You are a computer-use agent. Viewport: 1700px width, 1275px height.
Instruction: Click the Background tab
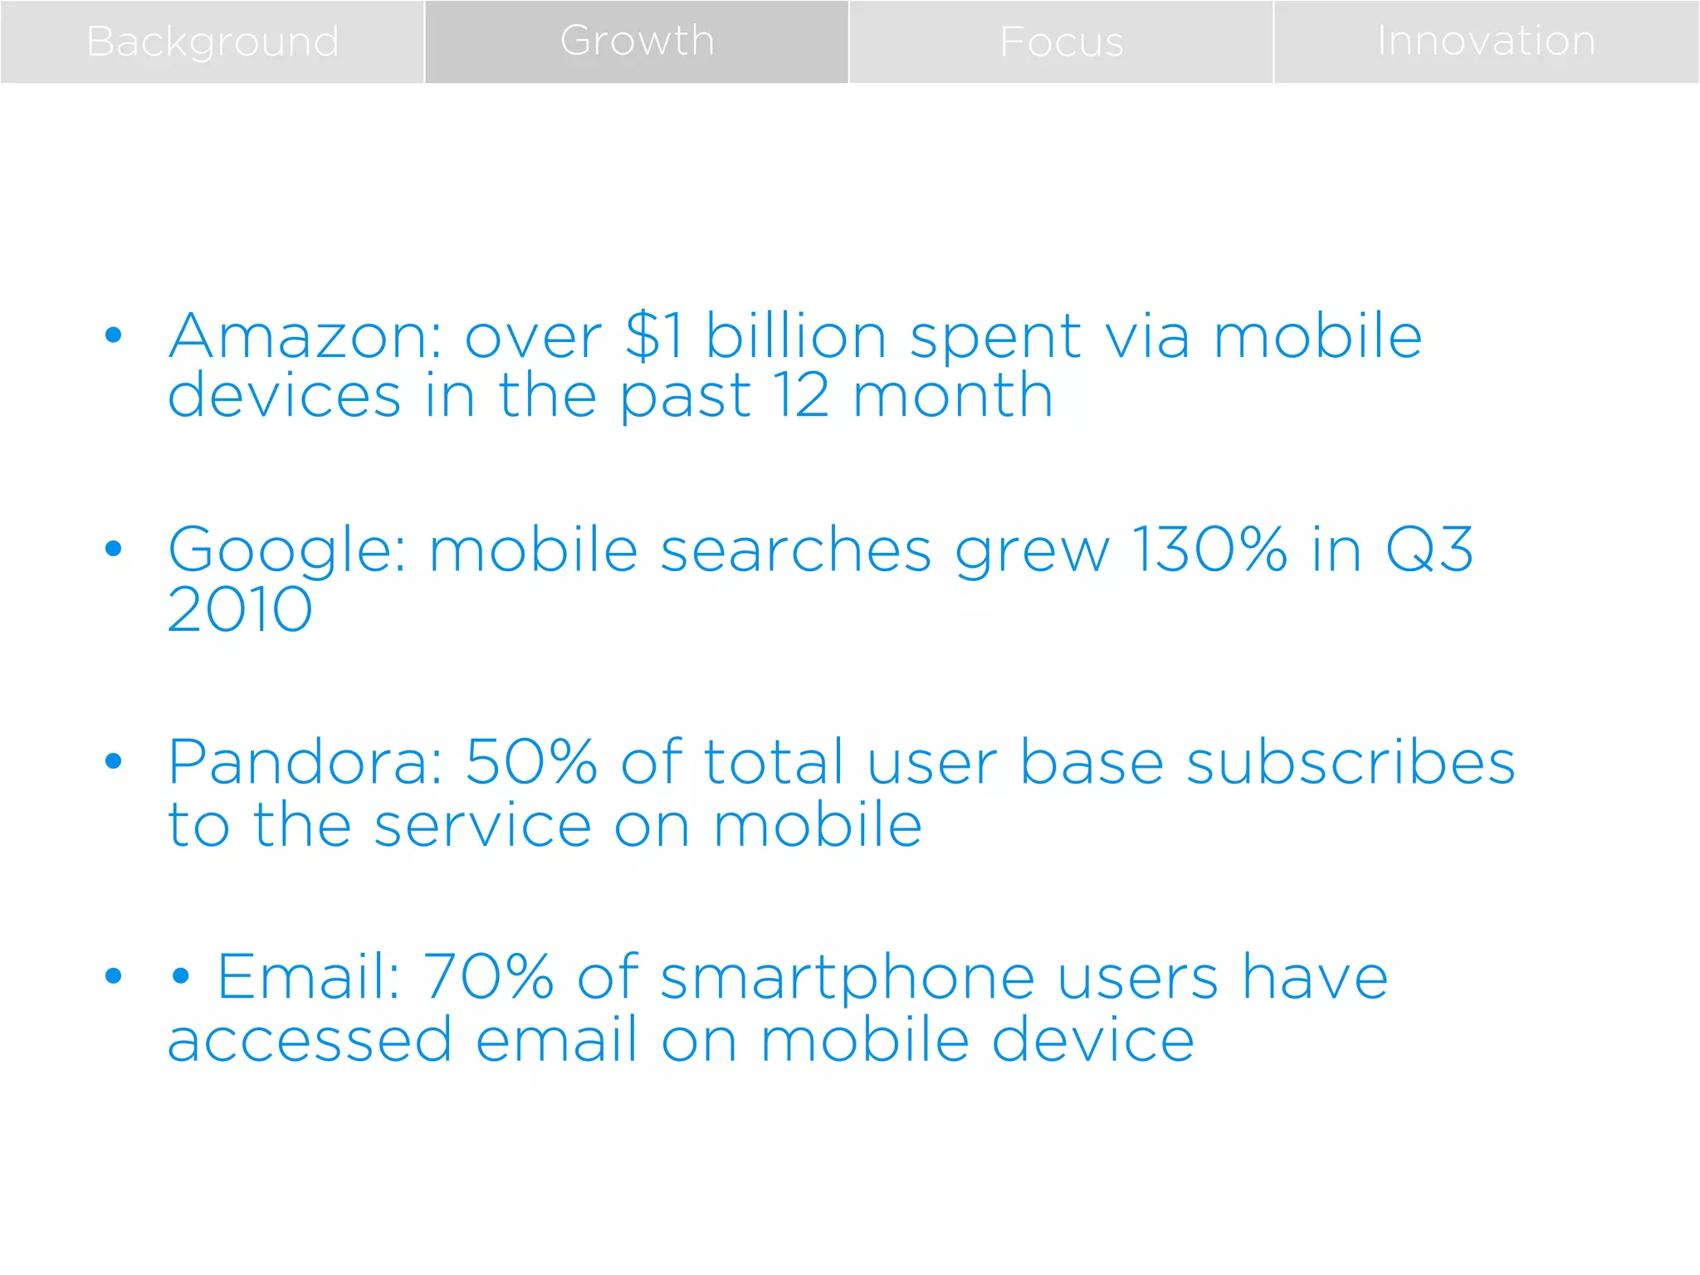point(212,42)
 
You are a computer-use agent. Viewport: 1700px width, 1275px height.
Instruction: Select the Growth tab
point(637,42)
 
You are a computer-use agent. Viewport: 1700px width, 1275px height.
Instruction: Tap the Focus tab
point(1061,42)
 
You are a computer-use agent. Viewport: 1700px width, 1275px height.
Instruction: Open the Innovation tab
point(1486,42)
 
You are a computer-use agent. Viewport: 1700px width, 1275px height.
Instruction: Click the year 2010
point(240,610)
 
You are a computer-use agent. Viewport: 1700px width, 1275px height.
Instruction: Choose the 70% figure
point(489,977)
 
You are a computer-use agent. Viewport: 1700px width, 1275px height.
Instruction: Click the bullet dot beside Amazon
point(114,335)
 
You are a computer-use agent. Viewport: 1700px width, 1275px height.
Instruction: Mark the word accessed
point(310,1040)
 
